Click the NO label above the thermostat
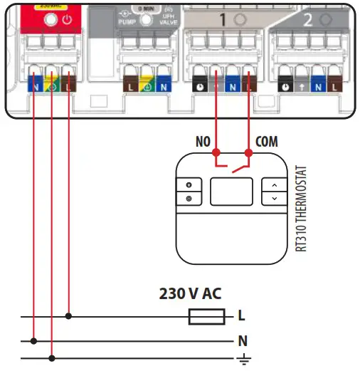(x=203, y=142)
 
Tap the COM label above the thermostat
(x=267, y=142)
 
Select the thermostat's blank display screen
(x=231, y=190)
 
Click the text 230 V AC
(x=190, y=293)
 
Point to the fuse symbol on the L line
(x=206, y=315)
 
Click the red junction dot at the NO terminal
(x=215, y=152)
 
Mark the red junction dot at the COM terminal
(x=248, y=152)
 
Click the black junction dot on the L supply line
(x=68, y=315)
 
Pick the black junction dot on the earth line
(x=51, y=357)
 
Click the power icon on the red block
(x=66, y=21)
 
